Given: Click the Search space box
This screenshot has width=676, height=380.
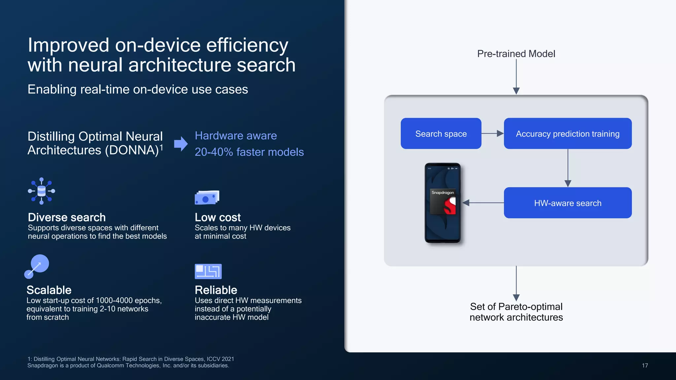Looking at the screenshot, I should pos(441,134).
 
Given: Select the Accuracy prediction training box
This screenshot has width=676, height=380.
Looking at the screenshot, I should pos(567,134).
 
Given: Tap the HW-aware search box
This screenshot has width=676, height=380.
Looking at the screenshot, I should pos(567,203).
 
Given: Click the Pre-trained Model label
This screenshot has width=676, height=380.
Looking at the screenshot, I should pos(516,54).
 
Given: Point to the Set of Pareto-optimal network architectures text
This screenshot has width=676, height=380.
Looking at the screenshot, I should pos(516,312).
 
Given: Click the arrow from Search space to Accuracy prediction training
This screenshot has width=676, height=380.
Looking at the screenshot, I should pos(492,134).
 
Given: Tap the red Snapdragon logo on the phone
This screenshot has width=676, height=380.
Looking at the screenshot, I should pos(450,206).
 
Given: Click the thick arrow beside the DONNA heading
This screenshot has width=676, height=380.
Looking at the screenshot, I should pos(181,143).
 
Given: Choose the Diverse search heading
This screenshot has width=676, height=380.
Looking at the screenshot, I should pos(67,217).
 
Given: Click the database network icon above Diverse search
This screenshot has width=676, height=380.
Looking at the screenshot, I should pos(42,191).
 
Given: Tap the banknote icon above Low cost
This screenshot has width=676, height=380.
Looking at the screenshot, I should pos(207,198).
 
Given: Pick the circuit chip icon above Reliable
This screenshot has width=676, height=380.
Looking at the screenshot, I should pos(208,271).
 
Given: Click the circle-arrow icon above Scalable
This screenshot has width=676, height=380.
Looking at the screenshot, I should pos(37,266).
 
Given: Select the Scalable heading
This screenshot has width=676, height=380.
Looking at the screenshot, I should pos(49,290).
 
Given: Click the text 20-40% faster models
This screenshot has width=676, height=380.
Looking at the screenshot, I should pos(249,152).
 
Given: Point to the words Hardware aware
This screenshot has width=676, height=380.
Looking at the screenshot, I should pos(236,136).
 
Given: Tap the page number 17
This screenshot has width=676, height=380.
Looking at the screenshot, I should pos(645,365).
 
